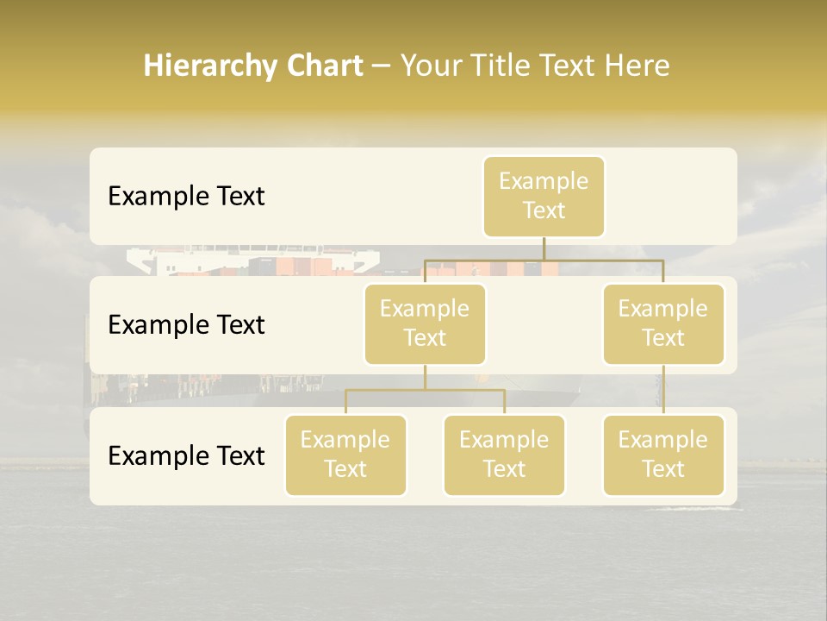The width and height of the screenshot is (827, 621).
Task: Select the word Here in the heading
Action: click(x=638, y=66)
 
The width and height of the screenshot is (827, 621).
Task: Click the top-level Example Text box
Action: click(x=544, y=197)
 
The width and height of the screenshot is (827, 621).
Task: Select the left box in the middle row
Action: click(x=425, y=323)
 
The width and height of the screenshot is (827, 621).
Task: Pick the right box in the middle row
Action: click(x=663, y=323)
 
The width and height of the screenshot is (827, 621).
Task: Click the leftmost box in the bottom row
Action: click(x=345, y=455)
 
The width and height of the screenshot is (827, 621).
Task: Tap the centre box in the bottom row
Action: click(x=504, y=455)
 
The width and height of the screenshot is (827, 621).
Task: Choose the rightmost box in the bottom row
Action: click(x=663, y=455)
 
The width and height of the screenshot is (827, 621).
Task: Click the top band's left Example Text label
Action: click(x=186, y=197)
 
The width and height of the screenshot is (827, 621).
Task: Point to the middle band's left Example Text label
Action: click(x=186, y=325)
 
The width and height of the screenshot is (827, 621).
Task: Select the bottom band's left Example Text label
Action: click(x=186, y=455)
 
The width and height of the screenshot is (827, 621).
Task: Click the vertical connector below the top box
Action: click(x=544, y=248)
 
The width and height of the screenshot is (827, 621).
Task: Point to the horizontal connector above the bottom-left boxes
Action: click(x=425, y=390)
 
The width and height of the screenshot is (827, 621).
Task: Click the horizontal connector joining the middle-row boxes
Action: click(x=544, y=259)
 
